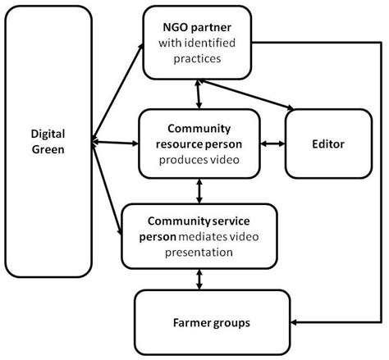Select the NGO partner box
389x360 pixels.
(x=199, y=41)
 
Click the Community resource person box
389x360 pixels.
(x=199, y=144)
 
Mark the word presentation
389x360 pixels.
(x=200, y=252)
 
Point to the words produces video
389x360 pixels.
(x=200, y=159)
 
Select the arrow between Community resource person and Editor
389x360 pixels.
(x=272, y=144)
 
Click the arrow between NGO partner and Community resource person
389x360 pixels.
(x=199, y=94)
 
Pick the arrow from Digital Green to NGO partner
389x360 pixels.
(x=118, y=90)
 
